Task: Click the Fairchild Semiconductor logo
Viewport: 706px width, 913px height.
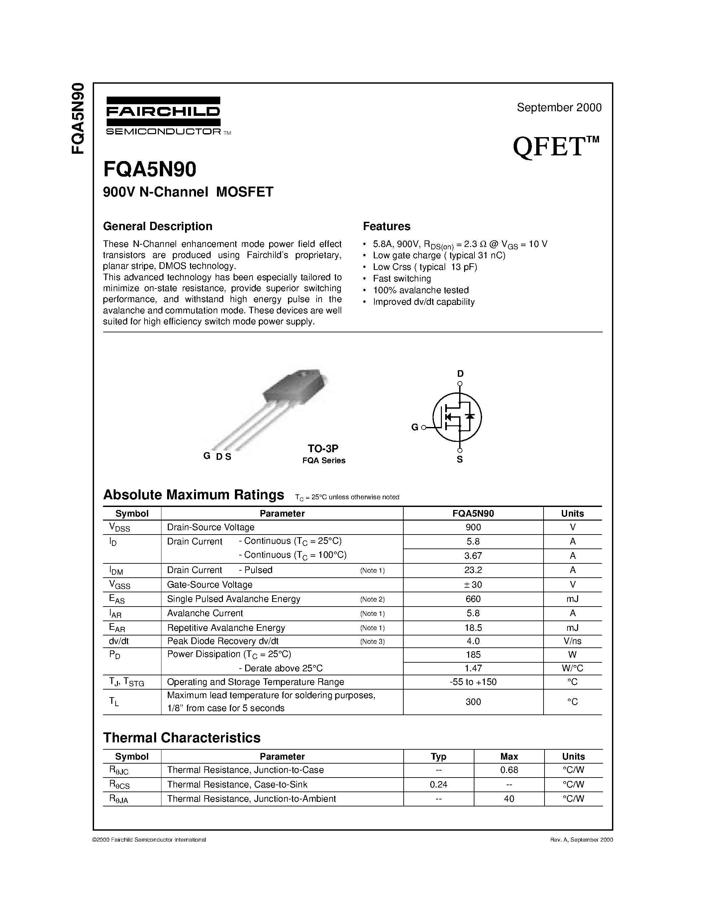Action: coord(163,116)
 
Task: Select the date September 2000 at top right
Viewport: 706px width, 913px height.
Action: coord(559,108)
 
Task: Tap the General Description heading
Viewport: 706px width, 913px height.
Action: coord(158,226)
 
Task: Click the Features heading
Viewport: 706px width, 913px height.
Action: coord(386,226)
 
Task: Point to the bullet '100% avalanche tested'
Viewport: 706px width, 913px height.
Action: coord(420,290)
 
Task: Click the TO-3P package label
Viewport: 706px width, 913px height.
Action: coord(323,449)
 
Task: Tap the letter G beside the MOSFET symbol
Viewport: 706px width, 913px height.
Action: coord(415,427)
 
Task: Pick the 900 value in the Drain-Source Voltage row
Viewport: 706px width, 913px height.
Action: coord(473,527)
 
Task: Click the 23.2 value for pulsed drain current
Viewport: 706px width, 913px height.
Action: coord(473,570)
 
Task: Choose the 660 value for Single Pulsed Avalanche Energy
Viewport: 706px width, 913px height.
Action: coord(473,599)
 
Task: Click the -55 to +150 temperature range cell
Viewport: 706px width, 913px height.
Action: coord(473,682)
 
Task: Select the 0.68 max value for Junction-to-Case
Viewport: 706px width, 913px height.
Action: coord(509,770)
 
